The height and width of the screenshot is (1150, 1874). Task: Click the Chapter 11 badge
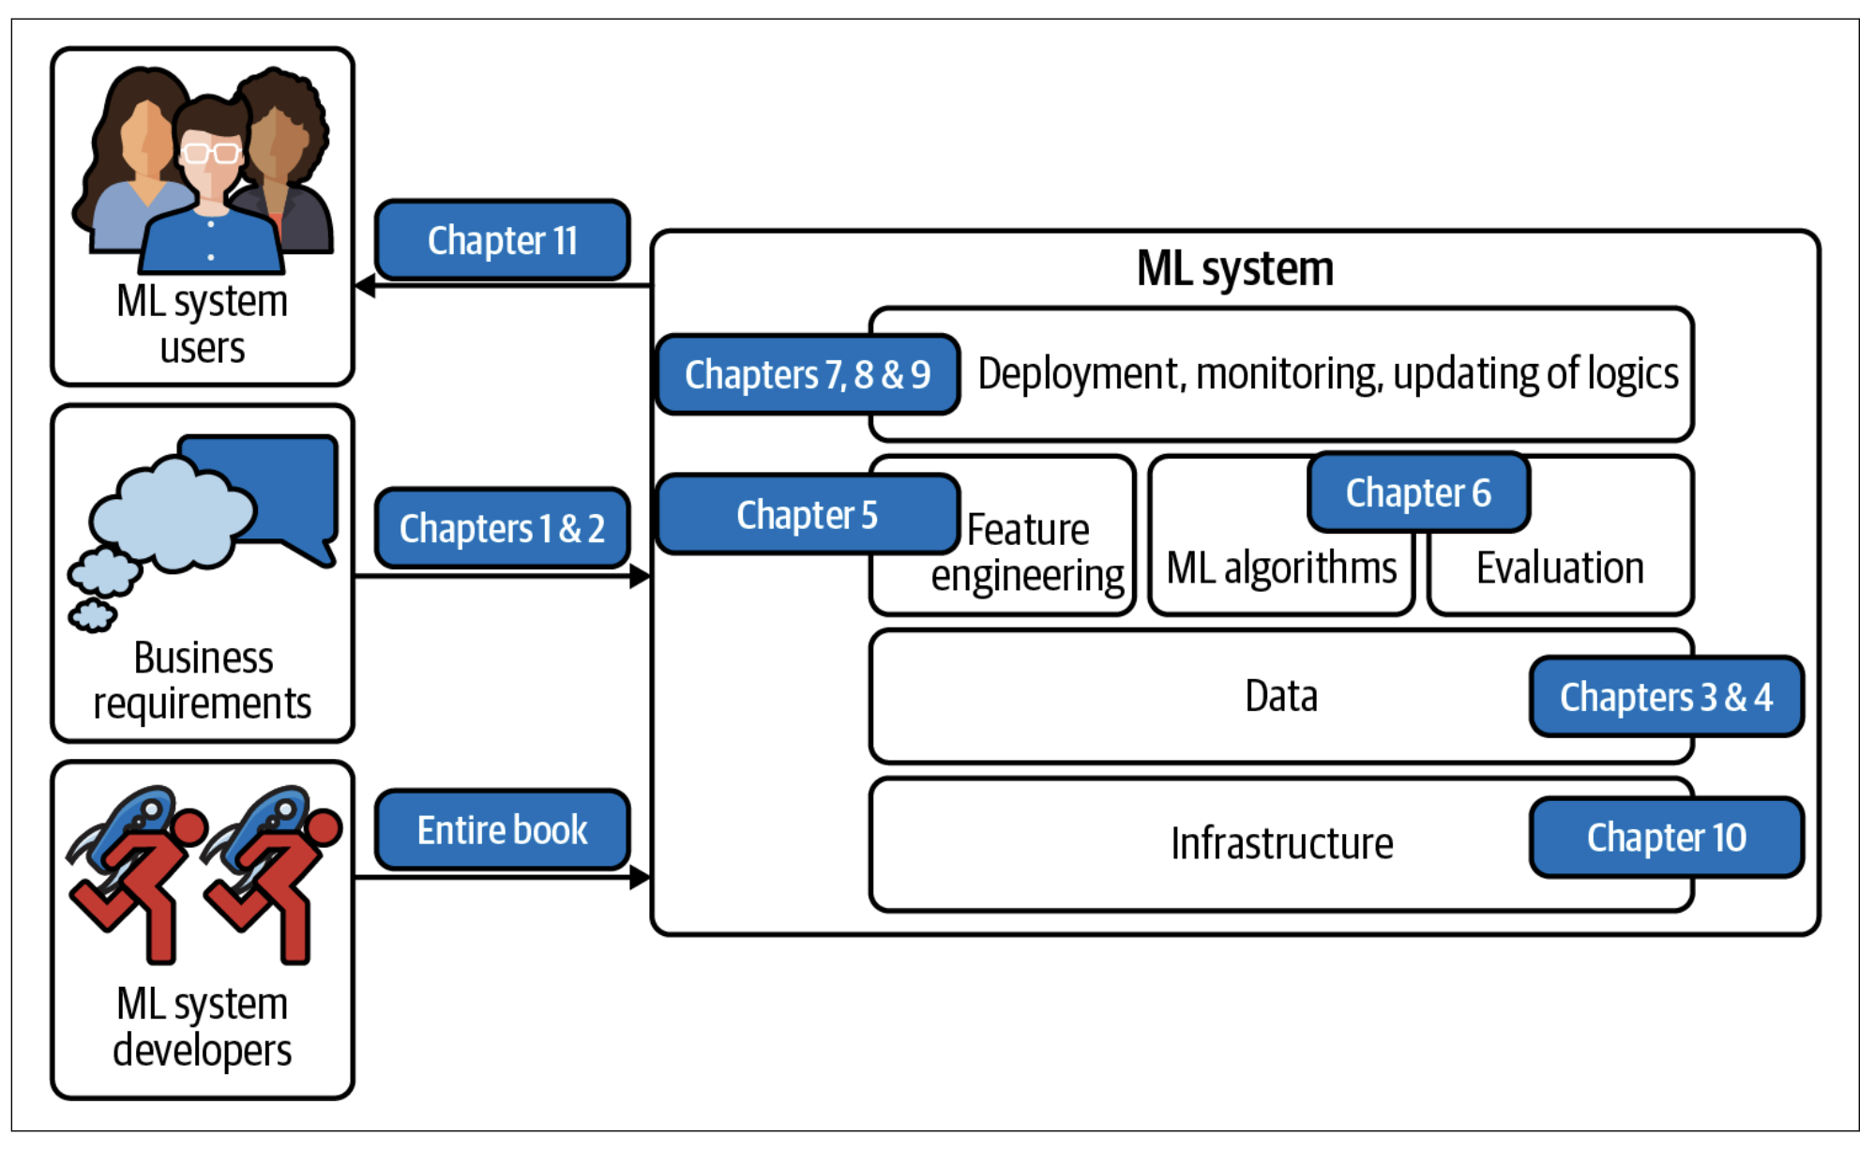point(502,240)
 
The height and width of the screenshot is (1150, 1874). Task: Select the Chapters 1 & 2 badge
point(502,528)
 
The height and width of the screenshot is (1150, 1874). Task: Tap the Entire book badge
point(502,830)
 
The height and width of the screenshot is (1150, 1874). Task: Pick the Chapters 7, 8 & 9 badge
point(808,374)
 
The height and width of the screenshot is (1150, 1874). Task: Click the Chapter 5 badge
point(808,514)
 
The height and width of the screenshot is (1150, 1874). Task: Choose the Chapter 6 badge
point(1419,492)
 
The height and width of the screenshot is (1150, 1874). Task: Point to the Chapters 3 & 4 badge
point(1667,697)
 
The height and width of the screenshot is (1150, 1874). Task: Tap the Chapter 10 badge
point(1667,838)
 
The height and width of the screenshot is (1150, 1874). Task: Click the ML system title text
point(1235,269)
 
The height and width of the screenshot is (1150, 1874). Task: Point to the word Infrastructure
point(1282,843)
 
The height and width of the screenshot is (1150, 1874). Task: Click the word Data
point(1281,696)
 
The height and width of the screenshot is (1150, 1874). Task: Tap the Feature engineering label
point(1028,552)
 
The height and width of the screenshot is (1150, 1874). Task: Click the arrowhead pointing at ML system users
point(365,285)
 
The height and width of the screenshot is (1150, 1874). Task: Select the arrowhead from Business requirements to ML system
point(641,576)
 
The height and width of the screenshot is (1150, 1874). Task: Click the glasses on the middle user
point(210,151)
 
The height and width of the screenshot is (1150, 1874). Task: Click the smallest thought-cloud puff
point(92,615)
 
